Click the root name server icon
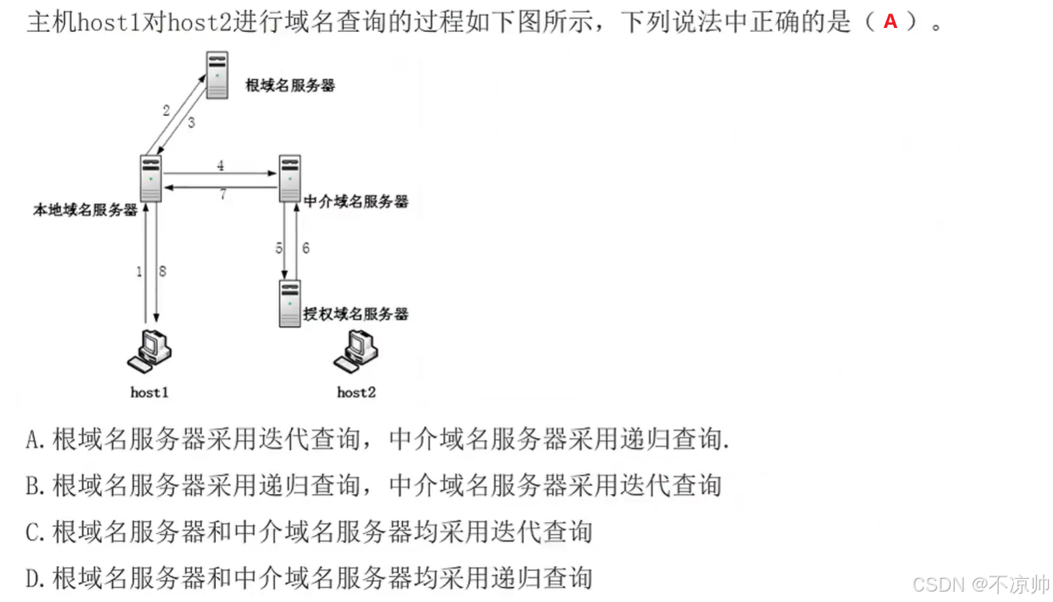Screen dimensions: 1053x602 tap(217, 75)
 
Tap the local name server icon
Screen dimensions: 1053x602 tap(150, 178)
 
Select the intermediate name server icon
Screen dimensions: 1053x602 tap(289, 179)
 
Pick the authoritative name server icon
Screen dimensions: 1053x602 tap(289, 304)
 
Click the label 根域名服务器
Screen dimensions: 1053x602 tap(290, 86)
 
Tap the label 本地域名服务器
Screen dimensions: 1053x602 tap(85, 210)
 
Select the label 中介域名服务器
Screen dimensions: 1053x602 tap(356, 201)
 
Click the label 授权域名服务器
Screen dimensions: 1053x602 tap(356, 313)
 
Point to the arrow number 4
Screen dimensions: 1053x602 tap(220, 166)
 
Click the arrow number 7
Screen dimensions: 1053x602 tap(222, 194)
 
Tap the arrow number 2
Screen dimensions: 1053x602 tap(166, 110)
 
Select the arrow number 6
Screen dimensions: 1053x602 tap(305, 248)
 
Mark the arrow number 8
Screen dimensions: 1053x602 tap(162, 272)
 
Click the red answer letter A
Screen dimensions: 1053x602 tap(890, 22)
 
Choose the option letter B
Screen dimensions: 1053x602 tap(34, 485)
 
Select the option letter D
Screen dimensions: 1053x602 tap(34, 578)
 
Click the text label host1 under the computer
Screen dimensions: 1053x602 tap(150, 392)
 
